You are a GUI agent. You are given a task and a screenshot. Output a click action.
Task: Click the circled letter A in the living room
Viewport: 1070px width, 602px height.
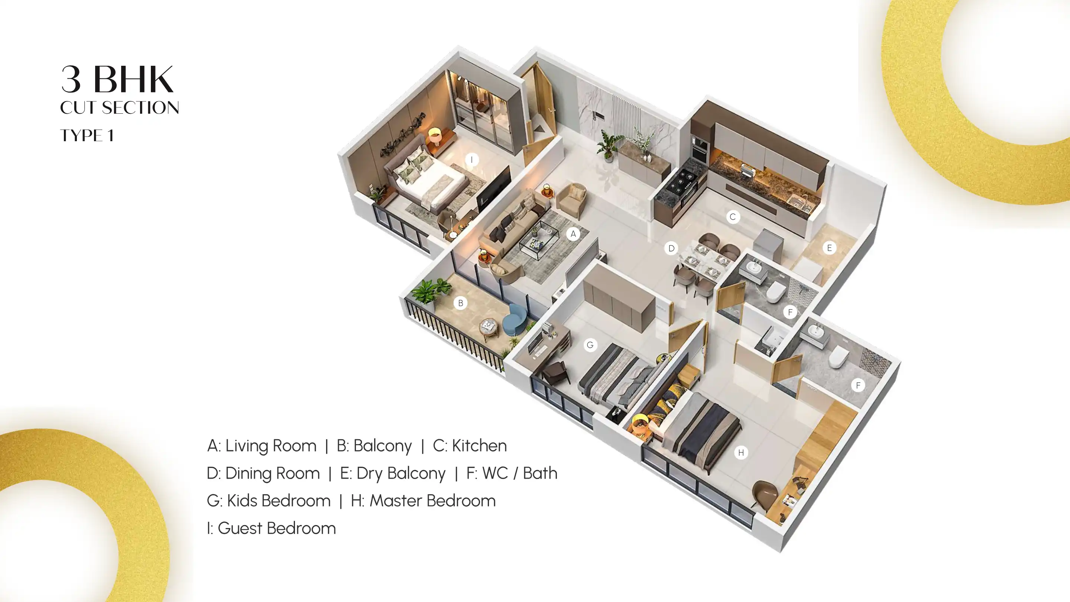573,234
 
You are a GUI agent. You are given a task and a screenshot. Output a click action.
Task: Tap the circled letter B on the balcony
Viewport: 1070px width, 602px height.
460,303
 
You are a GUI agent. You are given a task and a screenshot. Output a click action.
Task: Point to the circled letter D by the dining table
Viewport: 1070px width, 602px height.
671,249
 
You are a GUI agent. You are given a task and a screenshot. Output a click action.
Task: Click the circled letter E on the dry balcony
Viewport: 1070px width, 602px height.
830,248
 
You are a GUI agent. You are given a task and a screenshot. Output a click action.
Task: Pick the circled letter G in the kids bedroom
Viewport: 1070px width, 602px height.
590,345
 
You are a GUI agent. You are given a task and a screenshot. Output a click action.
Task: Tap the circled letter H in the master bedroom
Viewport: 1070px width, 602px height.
740,453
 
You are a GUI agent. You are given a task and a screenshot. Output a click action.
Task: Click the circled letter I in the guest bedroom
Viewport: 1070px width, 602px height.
471,159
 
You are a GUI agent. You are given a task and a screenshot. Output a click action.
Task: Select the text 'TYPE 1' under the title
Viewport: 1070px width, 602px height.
87,135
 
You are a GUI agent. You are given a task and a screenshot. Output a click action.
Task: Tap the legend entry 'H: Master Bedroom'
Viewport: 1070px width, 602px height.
423,501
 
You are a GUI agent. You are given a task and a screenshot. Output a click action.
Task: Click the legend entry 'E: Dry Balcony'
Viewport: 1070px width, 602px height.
393,473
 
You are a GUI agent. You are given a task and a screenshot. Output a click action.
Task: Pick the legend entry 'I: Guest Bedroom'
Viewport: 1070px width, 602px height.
271,528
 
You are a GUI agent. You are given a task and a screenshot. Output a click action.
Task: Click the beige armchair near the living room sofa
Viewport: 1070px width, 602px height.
572,199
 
